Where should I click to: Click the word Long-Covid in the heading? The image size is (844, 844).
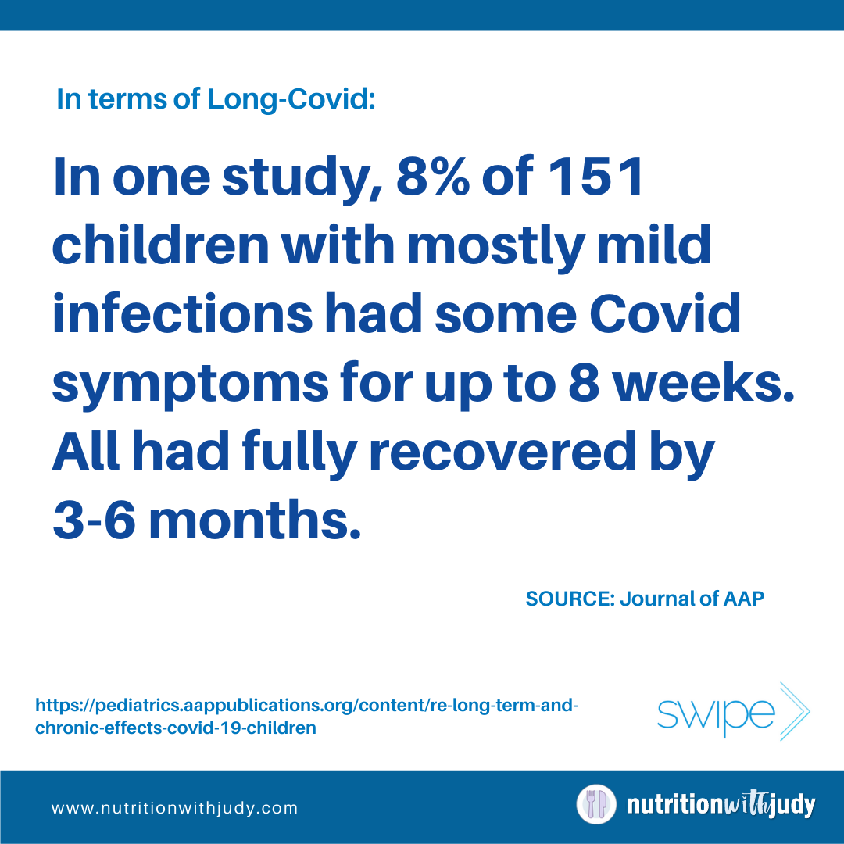click(291, 99)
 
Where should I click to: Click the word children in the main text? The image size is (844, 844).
click(160, 245)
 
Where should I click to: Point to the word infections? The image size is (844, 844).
click(182, 314)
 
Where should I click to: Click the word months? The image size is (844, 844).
click(254, 520)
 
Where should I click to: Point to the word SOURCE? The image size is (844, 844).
click(570, 599)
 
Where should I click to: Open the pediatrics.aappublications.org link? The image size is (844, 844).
click(306, 716)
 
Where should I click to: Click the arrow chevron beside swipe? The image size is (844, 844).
click(796, 711)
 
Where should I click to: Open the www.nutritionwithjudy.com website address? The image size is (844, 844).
click(174, 808)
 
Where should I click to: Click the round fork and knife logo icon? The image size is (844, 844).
click(595, 805)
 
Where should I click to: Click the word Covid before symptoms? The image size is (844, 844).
click(665, 314)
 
